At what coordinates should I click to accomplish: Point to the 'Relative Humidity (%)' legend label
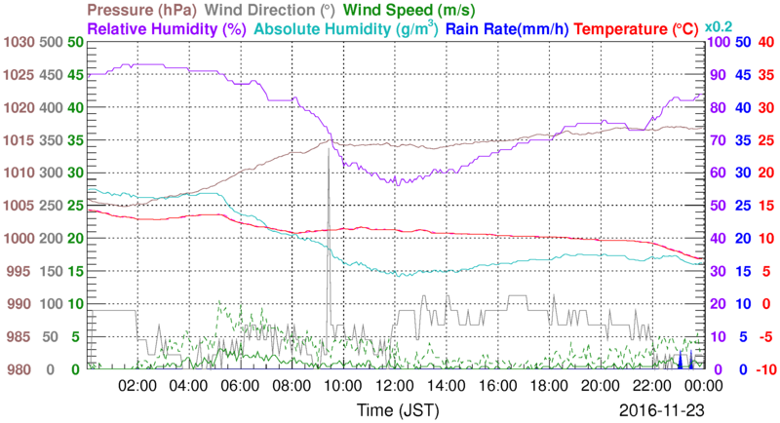click(168, 29)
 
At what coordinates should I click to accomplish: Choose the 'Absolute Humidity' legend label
click(345, 29)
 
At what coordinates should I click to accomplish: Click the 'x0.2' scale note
click(719, 26)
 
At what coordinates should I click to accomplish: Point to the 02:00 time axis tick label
click(137, 386)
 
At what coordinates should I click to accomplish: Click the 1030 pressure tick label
click(19, 42)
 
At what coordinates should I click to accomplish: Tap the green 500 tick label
click(51, 42)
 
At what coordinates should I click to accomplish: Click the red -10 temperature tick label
click(764, 369)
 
